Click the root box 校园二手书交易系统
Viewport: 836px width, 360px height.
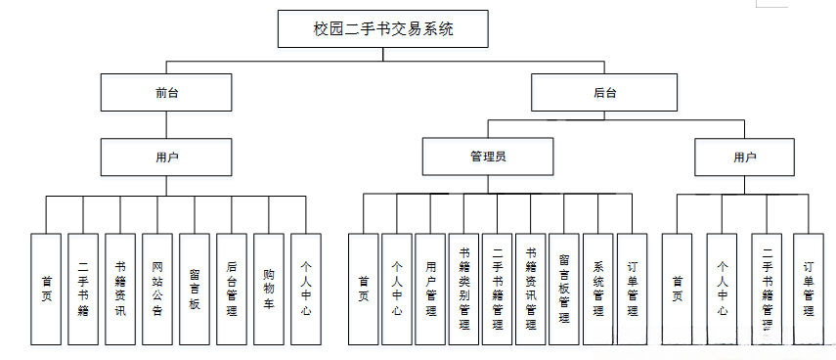click(382, 28)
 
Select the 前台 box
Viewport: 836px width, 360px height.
click(166, 93)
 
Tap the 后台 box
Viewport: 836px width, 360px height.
click(604, 93)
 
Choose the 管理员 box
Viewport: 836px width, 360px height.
click(487, 157)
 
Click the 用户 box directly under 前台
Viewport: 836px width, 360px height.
click(166, 157)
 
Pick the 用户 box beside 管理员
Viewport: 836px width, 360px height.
click(744, 157)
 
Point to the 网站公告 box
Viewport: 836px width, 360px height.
click(157, 289)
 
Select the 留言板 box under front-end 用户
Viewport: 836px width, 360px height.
click(195, 289)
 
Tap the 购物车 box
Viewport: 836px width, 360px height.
click(268, 289)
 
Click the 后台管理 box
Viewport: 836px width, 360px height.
click(231, 289)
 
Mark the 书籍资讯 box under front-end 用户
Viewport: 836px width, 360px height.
click(120, 289)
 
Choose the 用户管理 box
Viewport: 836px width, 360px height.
click(430, 289)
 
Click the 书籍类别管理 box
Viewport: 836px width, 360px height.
click(463, 289)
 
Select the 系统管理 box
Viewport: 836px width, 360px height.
click(597, 289)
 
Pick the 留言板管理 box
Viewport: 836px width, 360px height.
click(564, 289)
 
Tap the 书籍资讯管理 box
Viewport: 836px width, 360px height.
click(531, 289)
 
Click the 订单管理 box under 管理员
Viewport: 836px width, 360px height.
click(632, 289)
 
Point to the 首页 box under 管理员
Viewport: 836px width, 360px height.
click(363, 289)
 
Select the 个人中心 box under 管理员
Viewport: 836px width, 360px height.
click(397, 289)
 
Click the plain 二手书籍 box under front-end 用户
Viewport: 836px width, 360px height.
click(83, 289)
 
